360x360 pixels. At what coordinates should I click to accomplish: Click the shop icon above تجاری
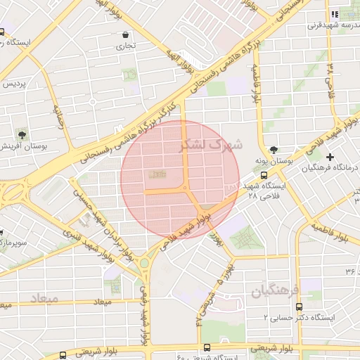click(x=126, y=34)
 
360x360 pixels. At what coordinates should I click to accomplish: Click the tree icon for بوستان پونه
click(x=274, y=150)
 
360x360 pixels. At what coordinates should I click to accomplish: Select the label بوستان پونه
click(x=274, y=162)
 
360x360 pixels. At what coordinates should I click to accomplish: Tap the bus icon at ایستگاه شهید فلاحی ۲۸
click(x=264, y=175)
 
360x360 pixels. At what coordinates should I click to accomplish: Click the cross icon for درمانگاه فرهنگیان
click(x=330, y=156)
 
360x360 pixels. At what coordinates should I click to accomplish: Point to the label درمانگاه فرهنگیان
click(x=330, y=168)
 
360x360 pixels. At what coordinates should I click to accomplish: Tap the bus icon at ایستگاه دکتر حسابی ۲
click(x=299, y=307)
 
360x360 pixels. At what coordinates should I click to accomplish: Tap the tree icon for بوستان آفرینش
click(x=23, y=134)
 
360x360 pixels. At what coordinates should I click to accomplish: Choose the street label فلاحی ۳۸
click(x=330, y=79)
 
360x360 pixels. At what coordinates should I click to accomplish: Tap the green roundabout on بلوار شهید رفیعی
click(x=145, y=263)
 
